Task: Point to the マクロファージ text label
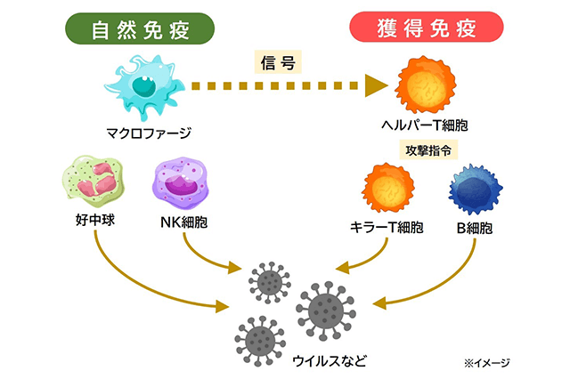coord(148,135)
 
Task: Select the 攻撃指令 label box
coord(424,149)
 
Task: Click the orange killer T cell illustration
coord(389,189)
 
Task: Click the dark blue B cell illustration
coord(475,189)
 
